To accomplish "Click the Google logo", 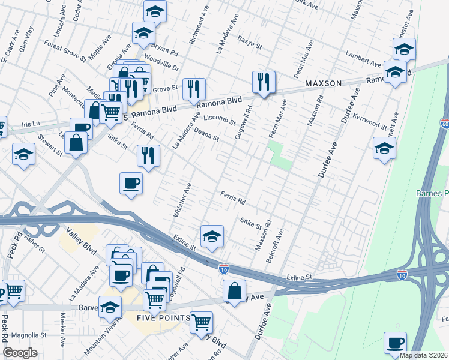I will click(x=20, y=352).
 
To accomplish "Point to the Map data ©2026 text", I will click(x=423, y=355).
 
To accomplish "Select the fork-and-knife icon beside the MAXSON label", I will click(x=263, y=82).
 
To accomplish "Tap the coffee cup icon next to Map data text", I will click(x=395, y=343).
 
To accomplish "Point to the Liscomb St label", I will click(x=220, y=119).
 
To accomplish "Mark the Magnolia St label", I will click(x=25, y=335).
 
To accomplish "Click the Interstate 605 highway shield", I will click(x=445, y=124).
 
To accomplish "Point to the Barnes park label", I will click(x=432, y=193).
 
